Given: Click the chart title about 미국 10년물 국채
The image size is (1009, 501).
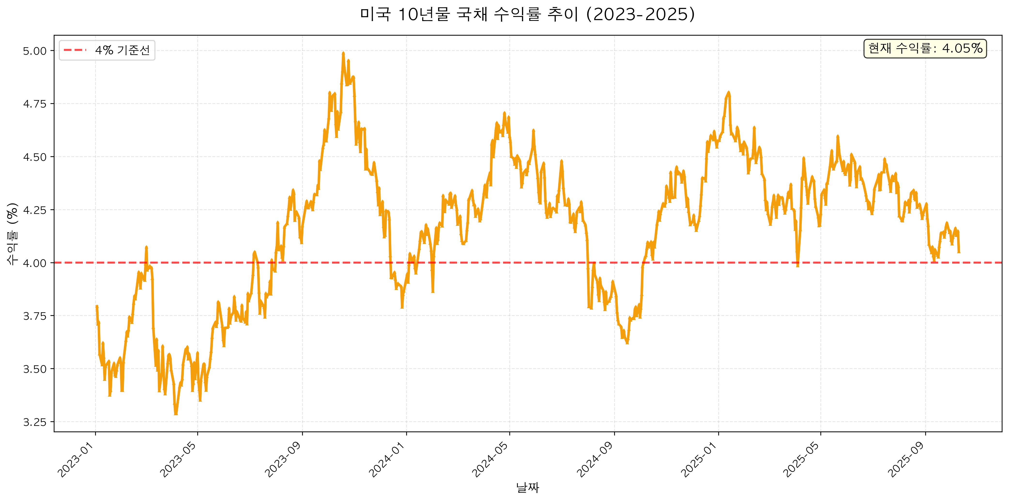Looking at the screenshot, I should (527, 15).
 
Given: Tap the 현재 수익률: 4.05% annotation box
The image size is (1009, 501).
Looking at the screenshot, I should (925, 49).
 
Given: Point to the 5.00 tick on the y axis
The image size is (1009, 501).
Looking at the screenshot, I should (35, 51).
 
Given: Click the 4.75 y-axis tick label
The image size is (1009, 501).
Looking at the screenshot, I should (35, 104).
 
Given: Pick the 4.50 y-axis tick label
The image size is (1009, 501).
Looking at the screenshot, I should (35, 157).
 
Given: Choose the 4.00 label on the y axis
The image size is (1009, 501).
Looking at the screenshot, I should (35, 263).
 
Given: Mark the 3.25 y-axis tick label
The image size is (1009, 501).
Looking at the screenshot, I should (35, 422).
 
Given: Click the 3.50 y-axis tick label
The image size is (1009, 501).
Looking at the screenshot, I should (35, 369).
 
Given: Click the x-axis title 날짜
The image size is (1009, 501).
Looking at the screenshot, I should (527, 488).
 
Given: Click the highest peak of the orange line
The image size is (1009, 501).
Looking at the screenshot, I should (343, 53).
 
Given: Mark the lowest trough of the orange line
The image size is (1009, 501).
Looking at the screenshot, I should (176, 414).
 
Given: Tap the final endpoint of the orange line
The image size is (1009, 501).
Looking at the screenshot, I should (958, 252).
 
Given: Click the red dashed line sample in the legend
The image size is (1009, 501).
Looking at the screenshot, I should (75, 50).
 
